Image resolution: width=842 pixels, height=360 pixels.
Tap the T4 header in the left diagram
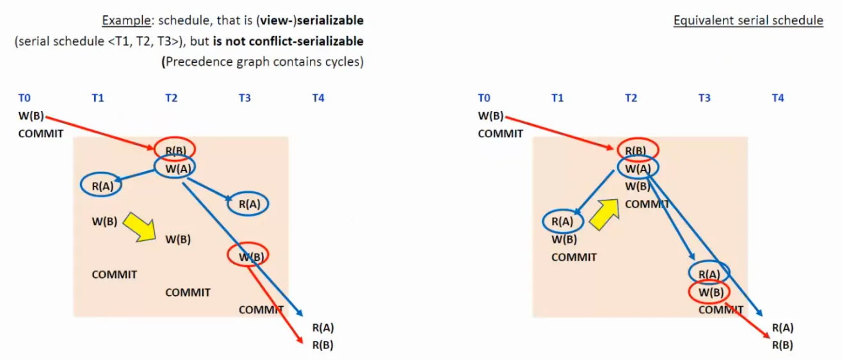[x=318, y=98]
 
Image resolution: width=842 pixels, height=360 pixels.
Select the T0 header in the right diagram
[x=484, y=98]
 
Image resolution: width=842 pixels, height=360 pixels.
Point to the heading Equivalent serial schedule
[x=748, y=20]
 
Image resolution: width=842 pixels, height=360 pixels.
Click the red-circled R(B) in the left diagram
[x=175, y=150]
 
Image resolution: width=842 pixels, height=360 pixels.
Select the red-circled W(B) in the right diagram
[x=709, y=292]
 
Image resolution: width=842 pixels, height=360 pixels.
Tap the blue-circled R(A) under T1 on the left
[x=101, y=186]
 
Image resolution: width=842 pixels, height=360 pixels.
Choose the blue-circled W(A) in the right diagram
[x=638, y=168]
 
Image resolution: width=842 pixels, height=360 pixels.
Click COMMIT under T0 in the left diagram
[x=41, y=134]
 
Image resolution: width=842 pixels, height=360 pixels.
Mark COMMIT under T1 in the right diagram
[x=574, y=257]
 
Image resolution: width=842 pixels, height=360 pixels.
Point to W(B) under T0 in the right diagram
[x=490, y=117]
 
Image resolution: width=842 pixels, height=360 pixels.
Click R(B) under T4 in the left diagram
[x=323, y=345]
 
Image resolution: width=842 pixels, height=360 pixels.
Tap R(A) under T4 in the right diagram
[x=782, y=328]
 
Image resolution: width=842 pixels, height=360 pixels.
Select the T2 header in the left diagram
[x=171, y=98]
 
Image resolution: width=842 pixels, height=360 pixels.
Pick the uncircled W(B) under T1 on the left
[x=104, y=222]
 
